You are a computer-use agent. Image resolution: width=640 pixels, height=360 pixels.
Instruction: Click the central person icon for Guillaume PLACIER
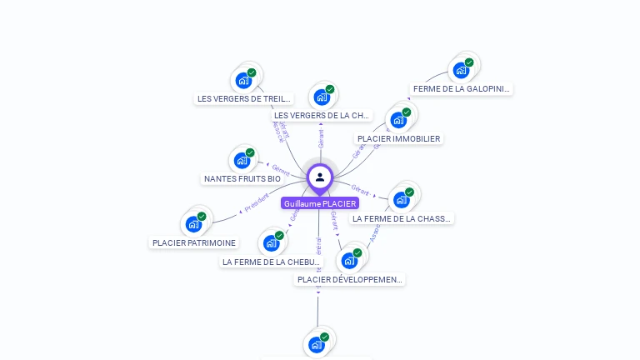[x=319, y=177]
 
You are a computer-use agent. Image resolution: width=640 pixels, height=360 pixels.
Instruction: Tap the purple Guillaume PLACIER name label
[x=320, y=203]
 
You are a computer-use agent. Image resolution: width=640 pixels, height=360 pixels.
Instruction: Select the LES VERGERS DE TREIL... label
[x=244, y=98]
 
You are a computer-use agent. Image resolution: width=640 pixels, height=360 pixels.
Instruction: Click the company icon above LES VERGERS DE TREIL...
[x=243, y=80]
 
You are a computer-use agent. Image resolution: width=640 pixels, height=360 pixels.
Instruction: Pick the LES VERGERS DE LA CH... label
[x=322, y=115]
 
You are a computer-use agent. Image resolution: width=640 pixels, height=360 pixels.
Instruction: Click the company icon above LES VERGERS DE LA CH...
[x=322, y=97]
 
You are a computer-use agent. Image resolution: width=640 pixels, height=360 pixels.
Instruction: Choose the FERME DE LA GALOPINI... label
[x=462, y=88]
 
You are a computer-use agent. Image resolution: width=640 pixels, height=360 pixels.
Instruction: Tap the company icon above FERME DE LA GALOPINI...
[x=461, y=70]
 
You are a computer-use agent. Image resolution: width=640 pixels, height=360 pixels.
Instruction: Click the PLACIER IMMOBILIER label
[x=398, y=138]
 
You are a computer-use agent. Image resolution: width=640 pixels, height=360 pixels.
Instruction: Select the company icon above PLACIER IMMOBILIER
[x=398, y=120]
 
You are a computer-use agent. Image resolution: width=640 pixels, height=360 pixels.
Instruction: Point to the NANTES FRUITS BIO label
[x=242, y=178]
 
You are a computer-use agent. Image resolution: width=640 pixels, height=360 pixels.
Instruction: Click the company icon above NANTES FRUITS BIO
[x=242, y=160]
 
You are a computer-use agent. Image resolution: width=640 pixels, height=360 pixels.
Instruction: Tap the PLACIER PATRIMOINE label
[x=194, y=242]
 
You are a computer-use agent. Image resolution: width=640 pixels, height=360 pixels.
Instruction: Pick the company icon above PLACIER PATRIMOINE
[x=193, y=223]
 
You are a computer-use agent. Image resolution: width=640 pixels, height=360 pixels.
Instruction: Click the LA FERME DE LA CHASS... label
[x=402, y=218]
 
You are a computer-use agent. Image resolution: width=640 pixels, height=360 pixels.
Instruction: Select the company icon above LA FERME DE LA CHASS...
[x=402, y=200]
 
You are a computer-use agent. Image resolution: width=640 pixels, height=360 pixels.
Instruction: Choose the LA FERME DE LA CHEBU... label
[x=272, y=262]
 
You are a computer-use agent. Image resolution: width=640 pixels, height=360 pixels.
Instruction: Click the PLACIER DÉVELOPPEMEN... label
[x=350, y=279]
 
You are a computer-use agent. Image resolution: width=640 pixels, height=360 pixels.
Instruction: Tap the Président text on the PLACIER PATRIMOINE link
[x=257, y=202]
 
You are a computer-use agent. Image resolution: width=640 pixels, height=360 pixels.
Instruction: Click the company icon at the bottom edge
[x=317, y=344]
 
